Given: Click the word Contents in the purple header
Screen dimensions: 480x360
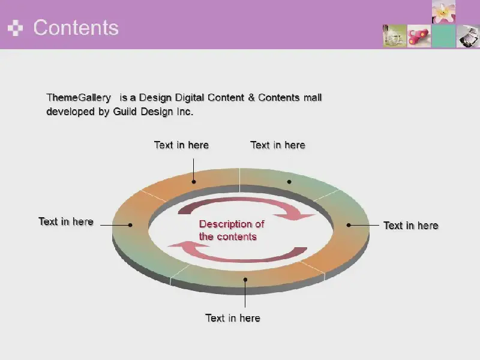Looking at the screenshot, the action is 76,28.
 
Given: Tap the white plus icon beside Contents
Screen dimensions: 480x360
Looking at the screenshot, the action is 16,28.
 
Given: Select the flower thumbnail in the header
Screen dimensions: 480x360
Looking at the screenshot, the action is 443,12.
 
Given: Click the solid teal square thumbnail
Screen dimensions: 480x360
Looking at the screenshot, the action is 443,36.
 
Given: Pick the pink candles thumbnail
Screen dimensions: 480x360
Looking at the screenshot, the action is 419,36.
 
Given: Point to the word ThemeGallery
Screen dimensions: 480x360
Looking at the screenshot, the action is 79,98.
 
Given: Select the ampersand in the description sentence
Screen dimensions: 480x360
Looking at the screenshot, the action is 251,98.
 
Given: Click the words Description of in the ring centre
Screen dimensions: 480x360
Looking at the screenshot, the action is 232,224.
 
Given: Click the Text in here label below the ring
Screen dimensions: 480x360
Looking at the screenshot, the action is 233,318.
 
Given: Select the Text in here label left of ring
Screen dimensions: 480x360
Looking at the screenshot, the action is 66,221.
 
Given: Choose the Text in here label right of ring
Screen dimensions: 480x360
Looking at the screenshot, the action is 411,226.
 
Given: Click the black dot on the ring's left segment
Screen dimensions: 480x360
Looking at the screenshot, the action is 130,225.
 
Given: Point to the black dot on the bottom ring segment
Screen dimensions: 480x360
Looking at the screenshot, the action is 245,280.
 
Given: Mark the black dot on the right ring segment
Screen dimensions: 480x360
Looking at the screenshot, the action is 349,225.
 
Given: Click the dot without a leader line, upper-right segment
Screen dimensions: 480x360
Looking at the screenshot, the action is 289,182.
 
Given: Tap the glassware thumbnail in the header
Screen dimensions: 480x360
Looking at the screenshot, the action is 395,36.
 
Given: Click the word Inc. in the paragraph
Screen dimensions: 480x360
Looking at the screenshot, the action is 185,112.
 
